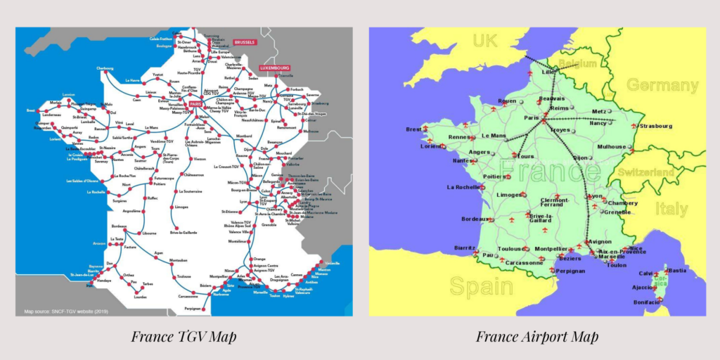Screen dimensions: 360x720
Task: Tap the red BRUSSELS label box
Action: [x=245, y=42]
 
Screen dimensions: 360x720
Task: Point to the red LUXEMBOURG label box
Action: [x=274, y=68]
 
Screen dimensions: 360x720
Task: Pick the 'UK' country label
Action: [x=484, y=41]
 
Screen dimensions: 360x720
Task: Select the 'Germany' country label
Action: [x=662, y=86]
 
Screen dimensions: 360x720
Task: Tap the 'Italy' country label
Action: [x=671, y=209]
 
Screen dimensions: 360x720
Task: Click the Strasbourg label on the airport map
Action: [x=656, y=126]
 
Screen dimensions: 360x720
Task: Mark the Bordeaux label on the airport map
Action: [x=475, y=219]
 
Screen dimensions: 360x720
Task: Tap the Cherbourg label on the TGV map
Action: [x=105, y=68]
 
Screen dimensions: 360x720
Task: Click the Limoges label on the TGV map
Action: [x=181, y=207]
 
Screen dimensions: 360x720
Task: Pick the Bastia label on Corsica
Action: [x=677, y=270]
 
